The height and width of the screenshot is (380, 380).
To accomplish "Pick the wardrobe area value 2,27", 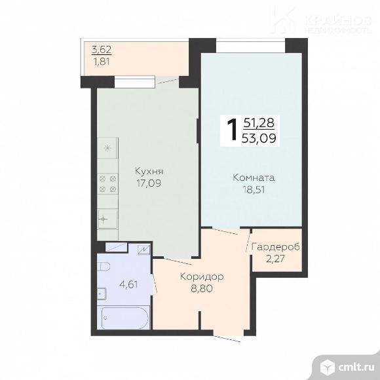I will (x=276, y=258).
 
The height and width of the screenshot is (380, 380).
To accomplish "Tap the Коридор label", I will (x=202, y=276).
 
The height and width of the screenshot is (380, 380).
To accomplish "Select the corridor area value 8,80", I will (x=202, y=288).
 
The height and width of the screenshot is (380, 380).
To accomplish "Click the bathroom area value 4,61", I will (x=128, y=286).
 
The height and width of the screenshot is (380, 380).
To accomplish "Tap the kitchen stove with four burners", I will (x=107, y=183).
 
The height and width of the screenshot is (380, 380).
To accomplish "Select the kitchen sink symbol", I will (x=107, y=218).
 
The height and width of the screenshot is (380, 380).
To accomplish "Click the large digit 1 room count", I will (x=231, y=130).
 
